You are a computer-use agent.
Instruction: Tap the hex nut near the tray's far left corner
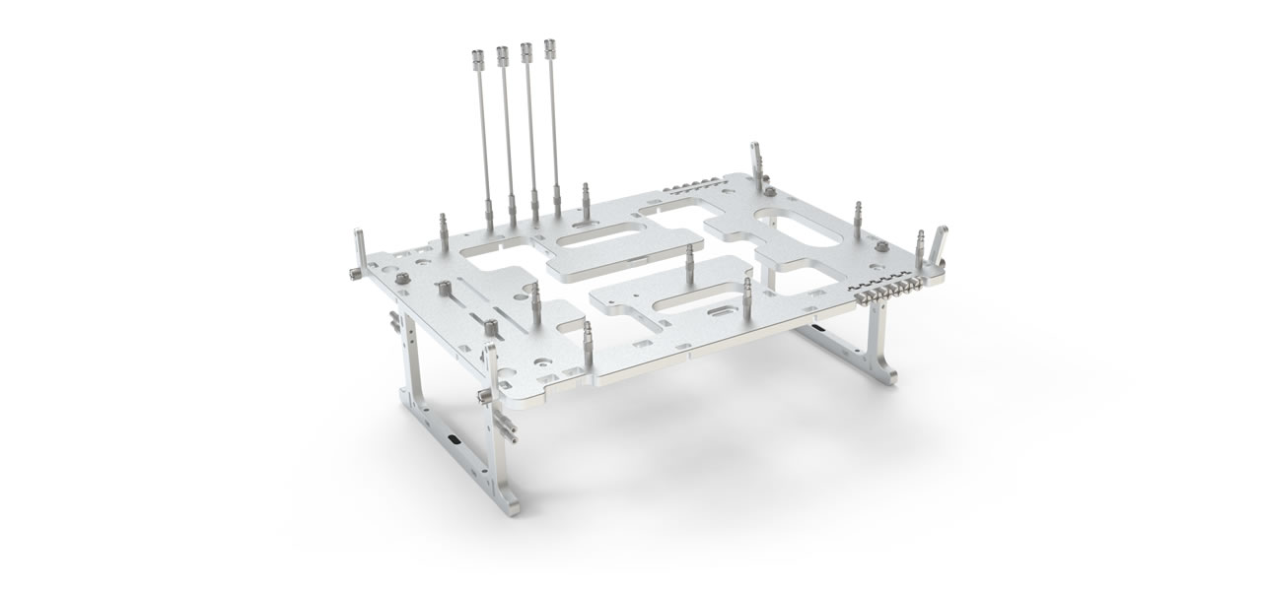click(402, 280)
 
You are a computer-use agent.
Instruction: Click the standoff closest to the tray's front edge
click(588, 337)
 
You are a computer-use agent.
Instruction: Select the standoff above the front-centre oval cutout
click(689, 262)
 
